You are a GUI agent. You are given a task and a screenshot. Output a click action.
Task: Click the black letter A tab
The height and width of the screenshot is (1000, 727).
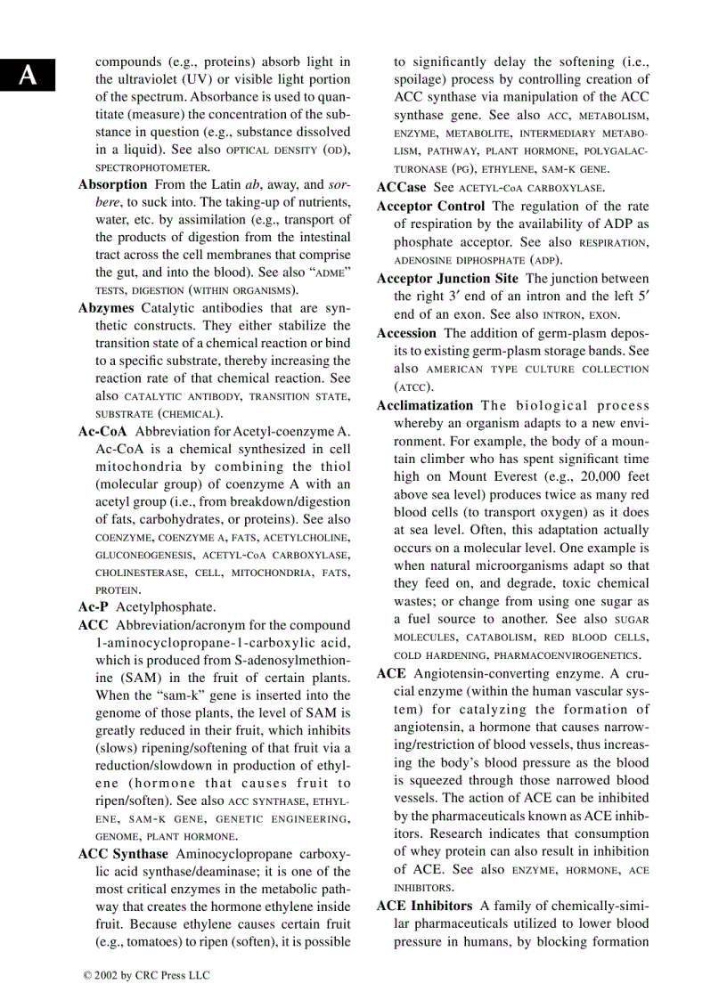[x=28, y=75]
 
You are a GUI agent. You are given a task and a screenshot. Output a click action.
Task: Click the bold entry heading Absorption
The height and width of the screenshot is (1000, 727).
[x=112, y=185]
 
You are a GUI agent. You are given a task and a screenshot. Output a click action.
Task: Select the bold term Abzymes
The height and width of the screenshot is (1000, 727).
[x=106, y=308]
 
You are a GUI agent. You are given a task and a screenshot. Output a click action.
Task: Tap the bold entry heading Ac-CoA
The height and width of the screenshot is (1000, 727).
[x=102, y=431]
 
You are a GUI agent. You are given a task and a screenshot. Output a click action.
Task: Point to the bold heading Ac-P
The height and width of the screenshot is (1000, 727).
[x=94, y=606]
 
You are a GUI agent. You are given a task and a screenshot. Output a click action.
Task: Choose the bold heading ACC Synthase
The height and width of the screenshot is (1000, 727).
[x=123, y=854]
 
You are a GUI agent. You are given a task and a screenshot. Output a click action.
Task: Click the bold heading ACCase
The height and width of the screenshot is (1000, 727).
[x=402, y=188]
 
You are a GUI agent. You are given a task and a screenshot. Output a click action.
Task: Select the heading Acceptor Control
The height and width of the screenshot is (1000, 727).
[x=430, y=207]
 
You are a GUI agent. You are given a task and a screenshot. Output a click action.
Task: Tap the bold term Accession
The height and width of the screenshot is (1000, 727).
[x=406, y=333]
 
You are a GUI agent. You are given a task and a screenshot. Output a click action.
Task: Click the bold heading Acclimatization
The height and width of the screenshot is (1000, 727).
[x=425, y=405]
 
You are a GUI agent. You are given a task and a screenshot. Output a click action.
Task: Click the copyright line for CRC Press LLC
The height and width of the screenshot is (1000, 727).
[x=146, y=975]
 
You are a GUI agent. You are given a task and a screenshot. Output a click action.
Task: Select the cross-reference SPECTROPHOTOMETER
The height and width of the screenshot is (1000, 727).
[x=152, y=167]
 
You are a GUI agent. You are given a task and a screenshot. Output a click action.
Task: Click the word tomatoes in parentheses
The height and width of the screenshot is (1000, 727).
[x=151, y=942]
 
